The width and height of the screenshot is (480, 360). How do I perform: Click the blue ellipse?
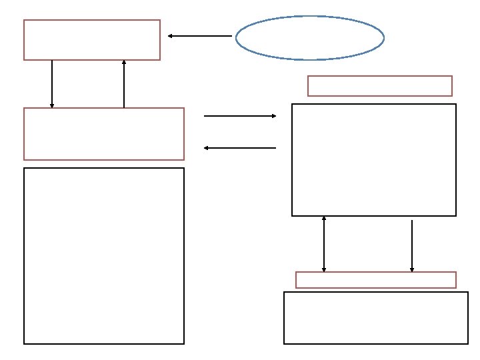(310, 38)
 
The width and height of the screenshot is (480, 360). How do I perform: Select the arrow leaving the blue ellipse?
(200, 36)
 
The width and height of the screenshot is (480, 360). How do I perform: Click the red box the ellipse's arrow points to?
(92, 40)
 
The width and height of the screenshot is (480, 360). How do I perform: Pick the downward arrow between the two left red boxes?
(52, 83)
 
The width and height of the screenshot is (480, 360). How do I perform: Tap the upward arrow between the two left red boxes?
(124, 83)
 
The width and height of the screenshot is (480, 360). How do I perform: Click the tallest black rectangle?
(104, 256)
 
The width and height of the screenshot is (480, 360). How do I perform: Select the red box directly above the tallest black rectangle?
(104, 134)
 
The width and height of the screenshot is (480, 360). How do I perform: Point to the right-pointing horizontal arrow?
(240, 116)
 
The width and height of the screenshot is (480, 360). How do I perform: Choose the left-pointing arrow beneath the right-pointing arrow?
(240, 148)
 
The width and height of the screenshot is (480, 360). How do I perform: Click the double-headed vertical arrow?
(324, 244)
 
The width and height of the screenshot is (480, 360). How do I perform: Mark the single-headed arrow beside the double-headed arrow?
(412, 246)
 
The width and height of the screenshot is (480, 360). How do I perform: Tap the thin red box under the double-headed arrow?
(376, 280)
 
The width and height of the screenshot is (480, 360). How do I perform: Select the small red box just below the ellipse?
(380, 86)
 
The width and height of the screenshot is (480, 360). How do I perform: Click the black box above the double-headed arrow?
(374, 160)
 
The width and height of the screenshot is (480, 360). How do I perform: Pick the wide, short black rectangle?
(376, 318)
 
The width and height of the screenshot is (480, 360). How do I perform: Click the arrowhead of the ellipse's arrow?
(171, 36)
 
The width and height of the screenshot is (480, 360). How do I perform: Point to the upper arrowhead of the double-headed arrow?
(324, 219)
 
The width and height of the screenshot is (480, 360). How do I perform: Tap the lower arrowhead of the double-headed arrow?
(324, 269)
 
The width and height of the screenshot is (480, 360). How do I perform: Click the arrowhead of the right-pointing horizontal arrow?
(273, 116)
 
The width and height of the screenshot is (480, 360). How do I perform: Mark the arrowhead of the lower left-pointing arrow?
(207, 148)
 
